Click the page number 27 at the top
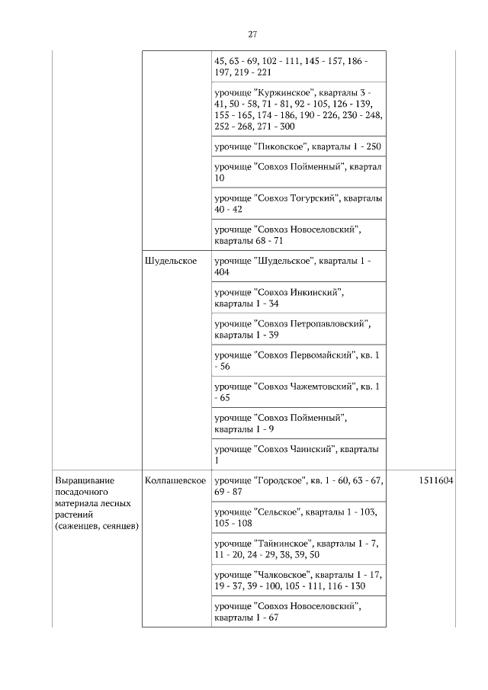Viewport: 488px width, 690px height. (x=252, y=34)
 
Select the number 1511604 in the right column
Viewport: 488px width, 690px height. (x=436, y=481)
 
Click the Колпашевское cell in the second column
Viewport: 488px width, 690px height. (x=175, y=481)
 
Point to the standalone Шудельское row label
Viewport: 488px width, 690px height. (x=170, y=261)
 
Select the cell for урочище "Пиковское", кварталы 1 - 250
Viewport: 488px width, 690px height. (x=297, y=146)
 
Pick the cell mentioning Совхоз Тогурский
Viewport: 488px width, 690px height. (x=297, y=203)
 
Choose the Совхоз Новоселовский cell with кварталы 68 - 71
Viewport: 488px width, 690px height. (x=297, y=234)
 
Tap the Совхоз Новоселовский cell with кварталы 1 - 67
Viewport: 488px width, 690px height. (x=297, y=611)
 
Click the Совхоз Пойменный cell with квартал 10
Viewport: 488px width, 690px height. (x=297, y=172)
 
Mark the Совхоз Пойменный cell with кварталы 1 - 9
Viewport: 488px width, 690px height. (x=297, y=423)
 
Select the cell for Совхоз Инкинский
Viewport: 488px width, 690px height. (x=297, y=297)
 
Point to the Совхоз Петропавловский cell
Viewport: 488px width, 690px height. (x=297, y=329)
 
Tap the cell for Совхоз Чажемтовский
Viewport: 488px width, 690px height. (x=297, y=392)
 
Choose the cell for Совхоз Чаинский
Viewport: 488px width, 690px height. (x=297, y=454)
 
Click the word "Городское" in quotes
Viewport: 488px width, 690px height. (x=278, y=481)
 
